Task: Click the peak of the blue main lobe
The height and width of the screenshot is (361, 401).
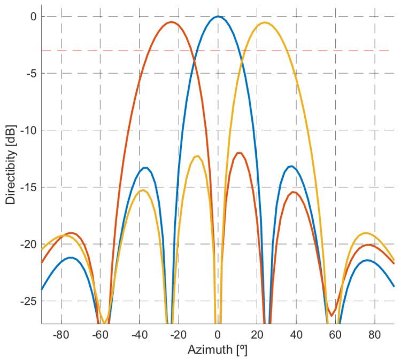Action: pyautogui.click(x=218, y=17)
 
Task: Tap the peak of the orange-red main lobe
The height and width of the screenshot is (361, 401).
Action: pyautogui.click(x=171, y=22)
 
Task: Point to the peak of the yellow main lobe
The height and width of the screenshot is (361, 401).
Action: pyautogui.click(x=265, y=22)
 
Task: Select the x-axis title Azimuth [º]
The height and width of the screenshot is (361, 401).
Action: pyautogui.click(x=218, y=351)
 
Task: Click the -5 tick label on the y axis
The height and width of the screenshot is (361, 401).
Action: pyautogui.click(x=31, y=74)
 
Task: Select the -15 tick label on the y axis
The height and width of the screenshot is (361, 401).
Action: pyautogui.click(x=29, y=187)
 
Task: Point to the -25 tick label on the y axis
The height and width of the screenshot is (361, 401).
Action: pyautogui.click(x=29, y=301)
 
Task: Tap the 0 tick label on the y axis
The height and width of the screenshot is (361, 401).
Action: pyautogui.click(x=33, y=17)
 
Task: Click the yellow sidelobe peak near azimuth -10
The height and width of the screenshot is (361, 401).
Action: pyautogui.click(x=197, y=156)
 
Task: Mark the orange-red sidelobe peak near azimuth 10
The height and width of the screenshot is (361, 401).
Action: pyautogui.click(x=239, y=153)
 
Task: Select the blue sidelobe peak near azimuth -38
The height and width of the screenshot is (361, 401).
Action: pyautogui.click(x=145, y=168)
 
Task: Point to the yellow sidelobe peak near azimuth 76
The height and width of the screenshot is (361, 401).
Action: pyautogui.click(x=366, y=233)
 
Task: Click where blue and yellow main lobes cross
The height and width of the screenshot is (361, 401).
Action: pyautogui.click(x=241, y=60)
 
